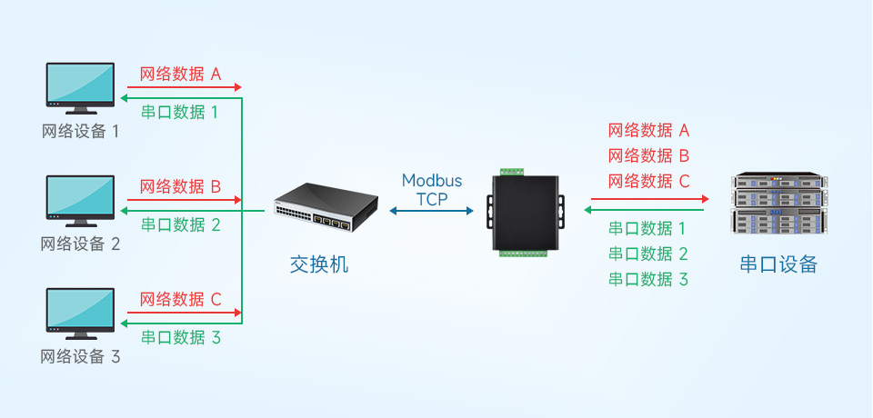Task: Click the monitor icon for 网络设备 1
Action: tap(80, 88)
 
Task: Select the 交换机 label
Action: tap(318, 265)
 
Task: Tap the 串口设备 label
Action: tap(778, 264)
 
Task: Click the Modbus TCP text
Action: tap(432, 190)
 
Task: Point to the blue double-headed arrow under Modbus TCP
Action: tap(432, 211)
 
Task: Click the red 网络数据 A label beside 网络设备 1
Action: tap(180, 75)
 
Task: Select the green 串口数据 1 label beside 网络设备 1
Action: tap(180, 113)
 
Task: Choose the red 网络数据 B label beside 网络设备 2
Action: tap(180, 187)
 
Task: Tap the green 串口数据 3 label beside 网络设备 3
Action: tap(180, 337)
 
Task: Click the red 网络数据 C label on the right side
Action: tap(648, 181)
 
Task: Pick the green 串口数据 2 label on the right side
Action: tap(648, 254)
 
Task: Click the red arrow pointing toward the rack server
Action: tap(648, 198)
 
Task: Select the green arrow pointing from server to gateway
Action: tap(648, 211)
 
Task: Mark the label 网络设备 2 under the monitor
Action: tap(80, 244)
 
